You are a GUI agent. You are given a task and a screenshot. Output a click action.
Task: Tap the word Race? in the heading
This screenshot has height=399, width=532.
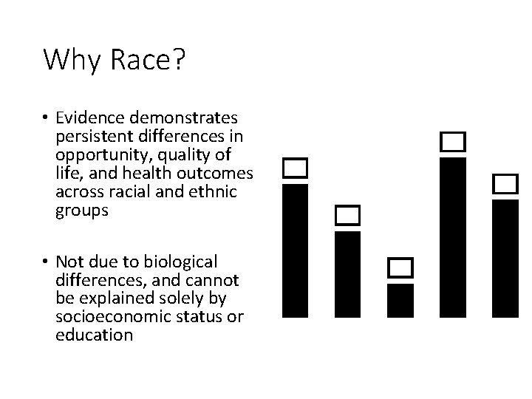(146, 60)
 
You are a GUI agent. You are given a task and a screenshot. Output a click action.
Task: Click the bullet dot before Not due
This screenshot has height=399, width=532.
(46, 262)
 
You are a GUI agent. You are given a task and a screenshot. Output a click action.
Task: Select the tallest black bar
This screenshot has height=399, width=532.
(453, 237)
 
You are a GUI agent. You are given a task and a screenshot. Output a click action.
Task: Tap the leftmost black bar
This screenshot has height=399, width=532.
(296, 250)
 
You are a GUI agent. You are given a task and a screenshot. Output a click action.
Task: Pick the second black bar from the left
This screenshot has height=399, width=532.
(347, 274)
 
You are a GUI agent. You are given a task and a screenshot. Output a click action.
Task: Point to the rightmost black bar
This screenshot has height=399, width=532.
(506, 259)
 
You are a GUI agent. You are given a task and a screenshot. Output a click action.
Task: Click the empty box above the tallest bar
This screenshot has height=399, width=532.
(453, 142)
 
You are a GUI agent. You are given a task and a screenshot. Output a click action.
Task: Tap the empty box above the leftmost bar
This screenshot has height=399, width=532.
(296, 168)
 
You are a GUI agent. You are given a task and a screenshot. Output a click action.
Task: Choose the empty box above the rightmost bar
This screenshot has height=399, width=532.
(506, 184)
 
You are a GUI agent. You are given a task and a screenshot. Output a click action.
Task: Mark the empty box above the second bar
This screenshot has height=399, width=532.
(347, 216)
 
